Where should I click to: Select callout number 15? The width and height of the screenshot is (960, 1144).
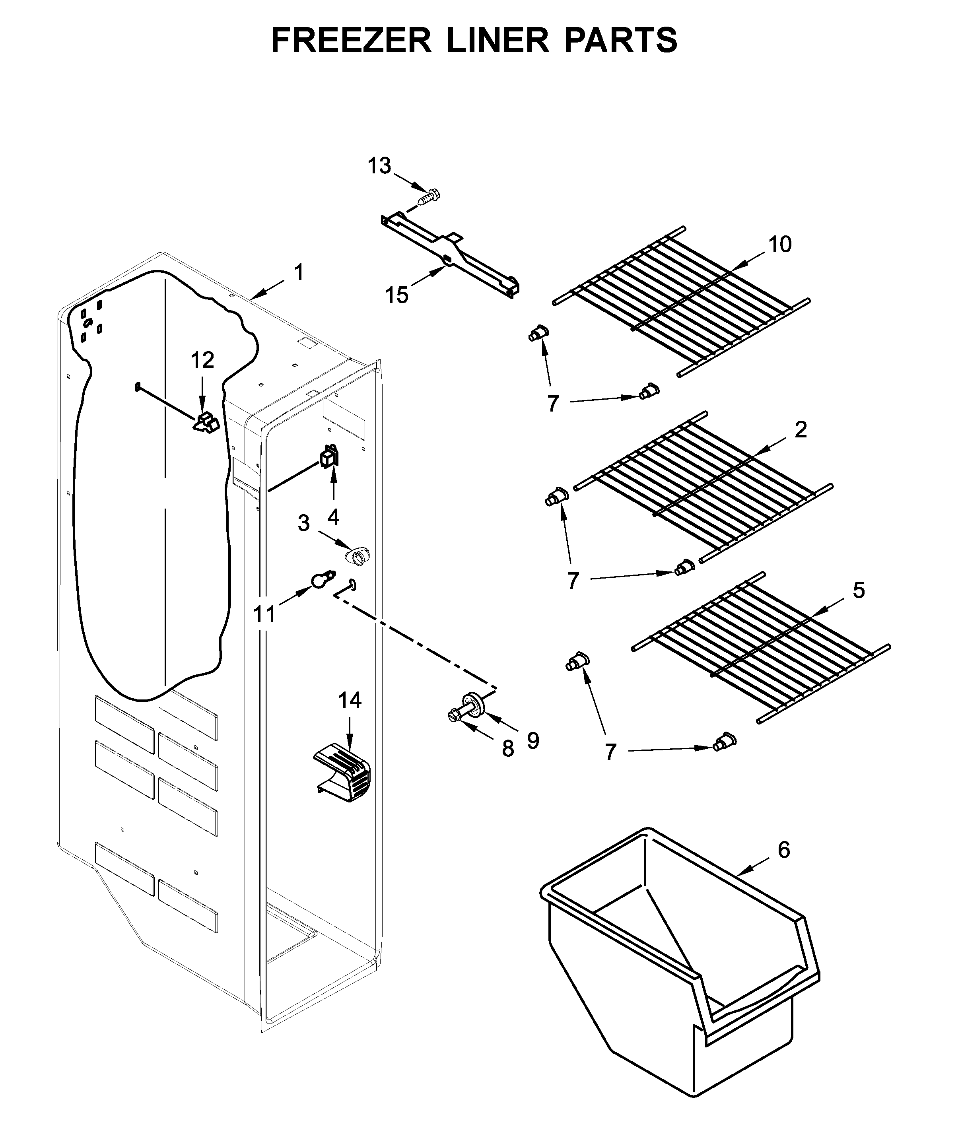click(x=396, y=295)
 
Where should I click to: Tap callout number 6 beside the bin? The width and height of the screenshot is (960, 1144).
click(x=783, y=849)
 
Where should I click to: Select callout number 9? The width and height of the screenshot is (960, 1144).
click(x=532, y=740)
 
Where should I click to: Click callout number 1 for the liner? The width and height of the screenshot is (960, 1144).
click(x=299, y=272)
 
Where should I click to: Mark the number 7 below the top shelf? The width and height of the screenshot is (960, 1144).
click(x=552, y=404)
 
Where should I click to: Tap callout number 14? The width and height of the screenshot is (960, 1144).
click(x=350, y=701)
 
